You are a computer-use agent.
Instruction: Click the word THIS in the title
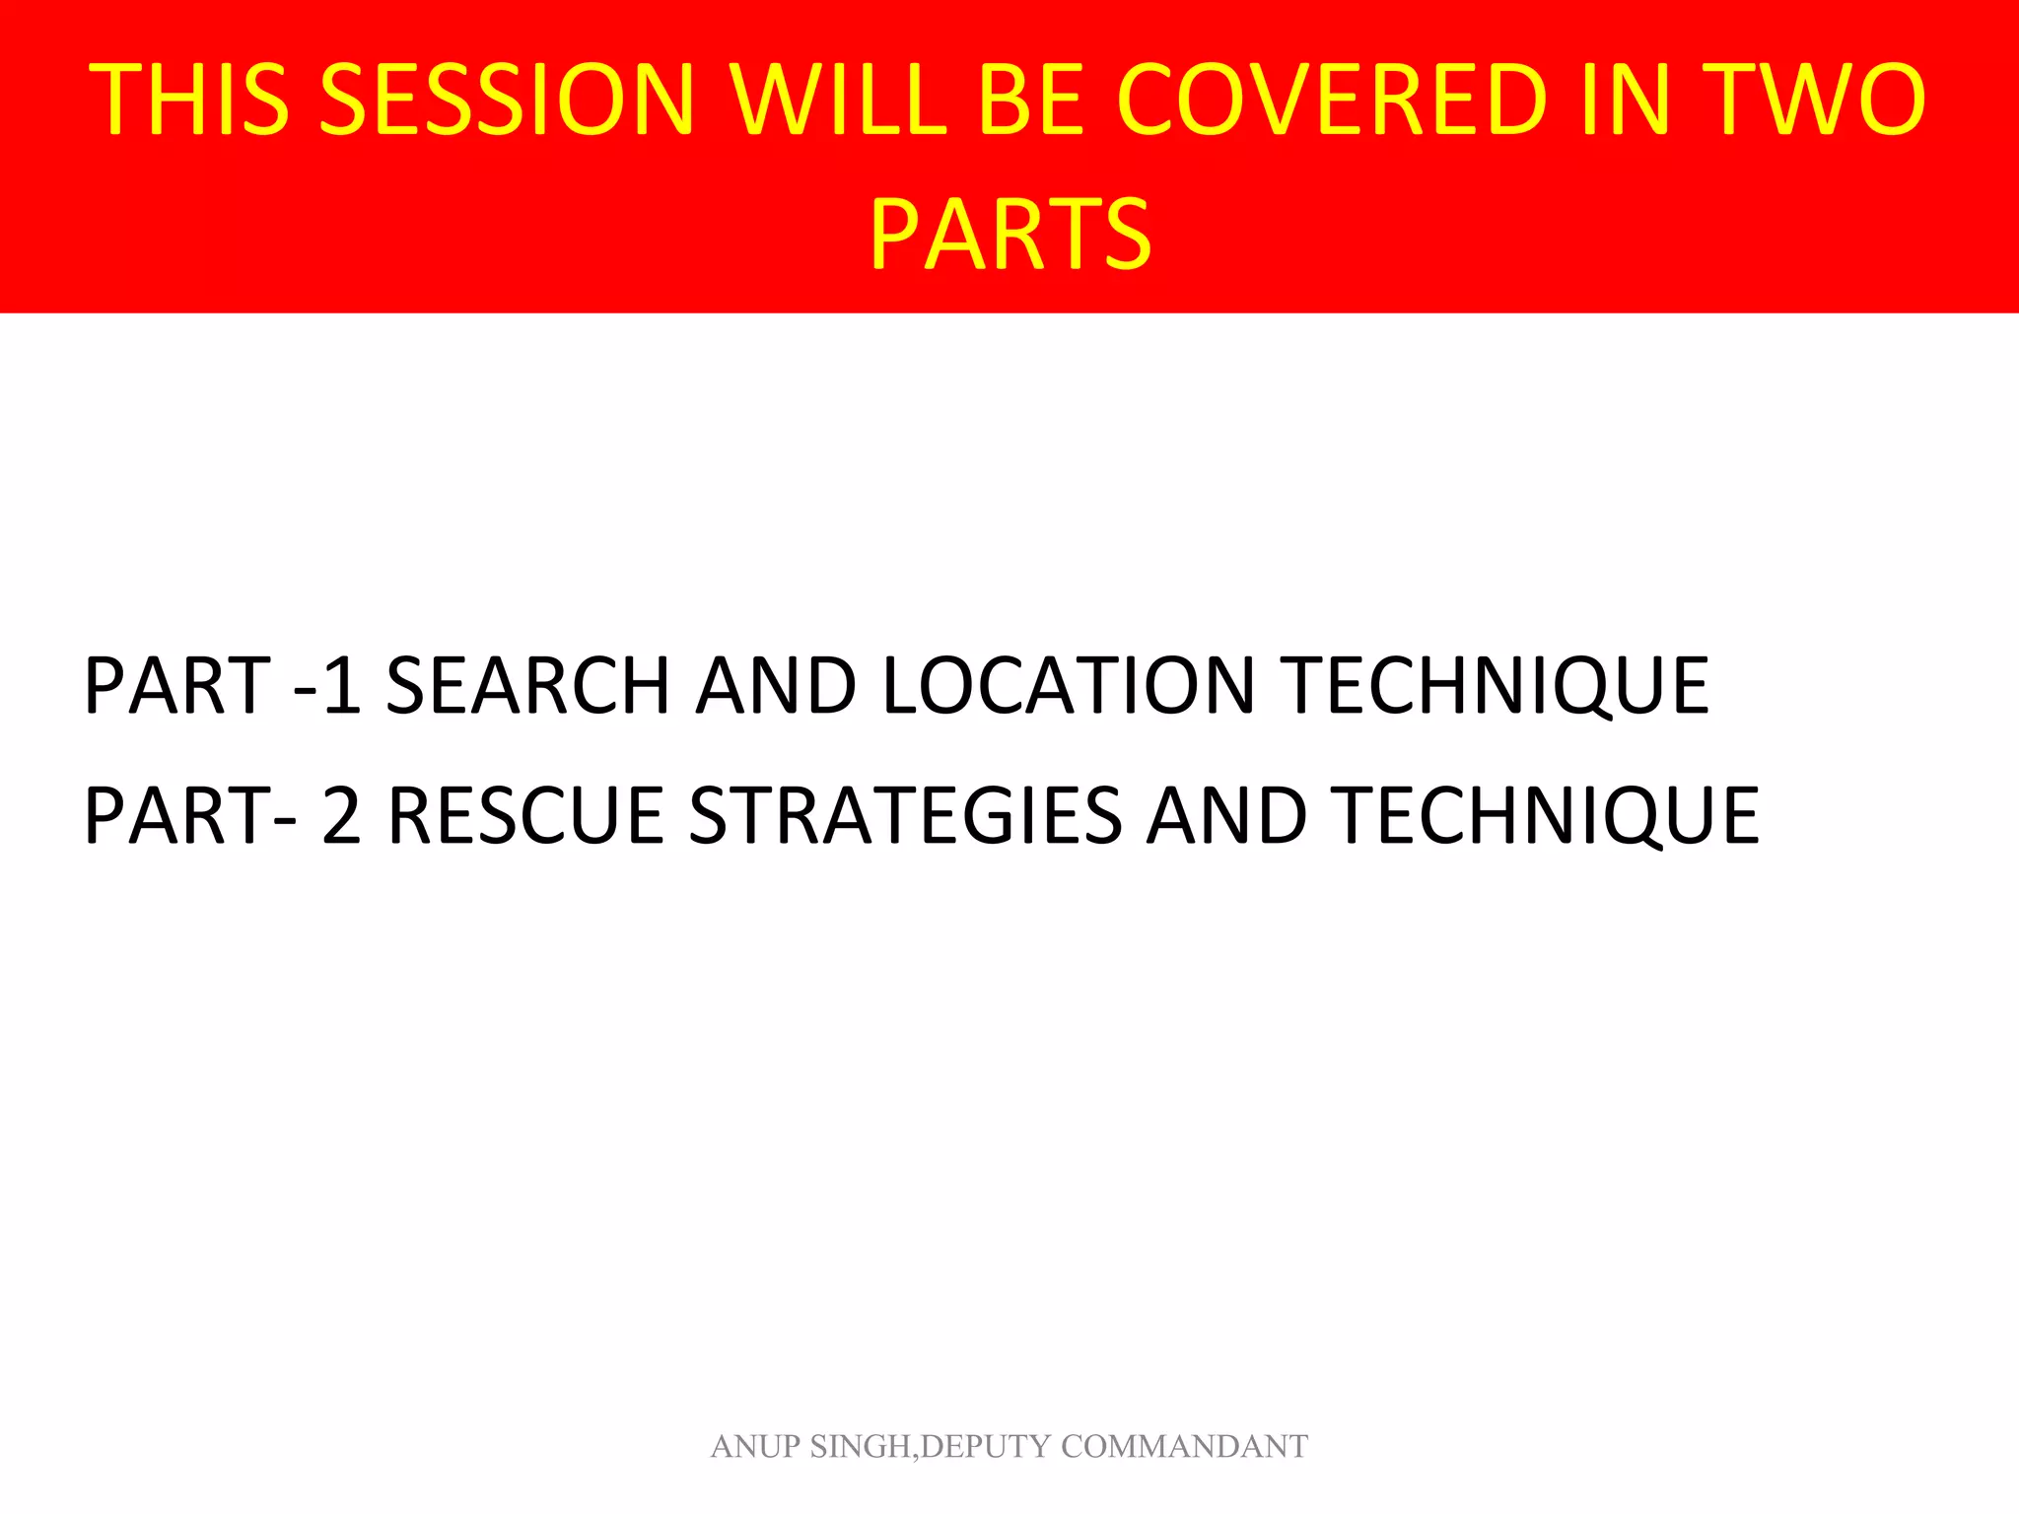(189, 99)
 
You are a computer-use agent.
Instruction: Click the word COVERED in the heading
(1332, 99)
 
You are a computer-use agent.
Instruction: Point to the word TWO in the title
(1815, 99)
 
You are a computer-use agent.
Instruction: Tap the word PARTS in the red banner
(1009, 235)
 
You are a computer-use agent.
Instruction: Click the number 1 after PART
(341, 686)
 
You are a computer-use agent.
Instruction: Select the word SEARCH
(527, 686)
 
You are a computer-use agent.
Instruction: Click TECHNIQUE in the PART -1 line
(1498, 686)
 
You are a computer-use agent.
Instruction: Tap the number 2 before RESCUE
(341, 816)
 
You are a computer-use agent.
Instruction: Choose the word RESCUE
(525, 816)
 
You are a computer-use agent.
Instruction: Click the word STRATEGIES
(905, 816)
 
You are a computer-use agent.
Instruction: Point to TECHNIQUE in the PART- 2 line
(1548, 816)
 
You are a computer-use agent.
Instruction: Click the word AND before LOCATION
(776, 686)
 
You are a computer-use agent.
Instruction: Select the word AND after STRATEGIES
(1226, 816)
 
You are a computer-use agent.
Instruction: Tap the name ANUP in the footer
(754, 1446)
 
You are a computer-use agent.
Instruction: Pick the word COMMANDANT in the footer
(1184, 1446)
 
